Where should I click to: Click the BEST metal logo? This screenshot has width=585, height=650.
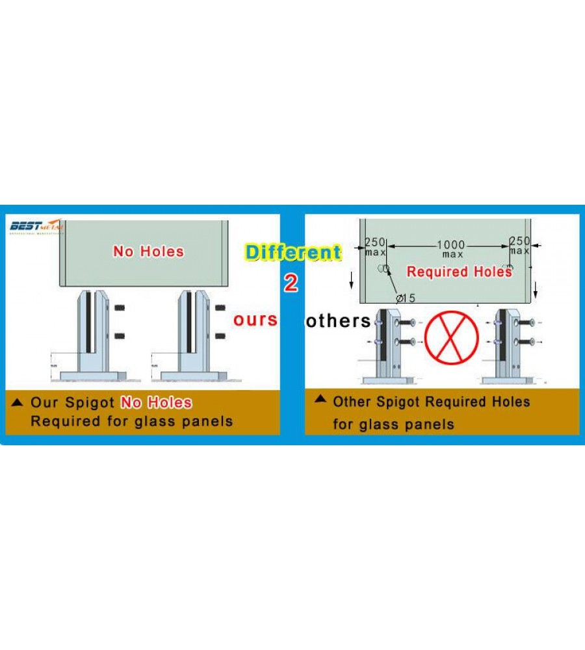tap(36, 227)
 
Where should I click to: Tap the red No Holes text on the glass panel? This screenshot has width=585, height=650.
tap(148, 252)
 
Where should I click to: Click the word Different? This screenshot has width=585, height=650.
tap(292, 252)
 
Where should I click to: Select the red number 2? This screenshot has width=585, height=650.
tap(291, 283)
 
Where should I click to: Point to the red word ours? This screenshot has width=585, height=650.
tap(255, 320)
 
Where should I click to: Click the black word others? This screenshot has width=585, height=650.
tap(338, 320)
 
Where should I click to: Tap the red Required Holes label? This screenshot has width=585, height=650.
tap(460, 272)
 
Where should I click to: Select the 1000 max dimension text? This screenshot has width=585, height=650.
tap(450, 249)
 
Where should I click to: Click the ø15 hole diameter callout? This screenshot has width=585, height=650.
tap(406, 298)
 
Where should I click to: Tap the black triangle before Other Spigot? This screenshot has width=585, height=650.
tap(320, 399)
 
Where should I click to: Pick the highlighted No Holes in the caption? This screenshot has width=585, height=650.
tap(156, 403)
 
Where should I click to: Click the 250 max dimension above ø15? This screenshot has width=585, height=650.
tap(376, 246)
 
